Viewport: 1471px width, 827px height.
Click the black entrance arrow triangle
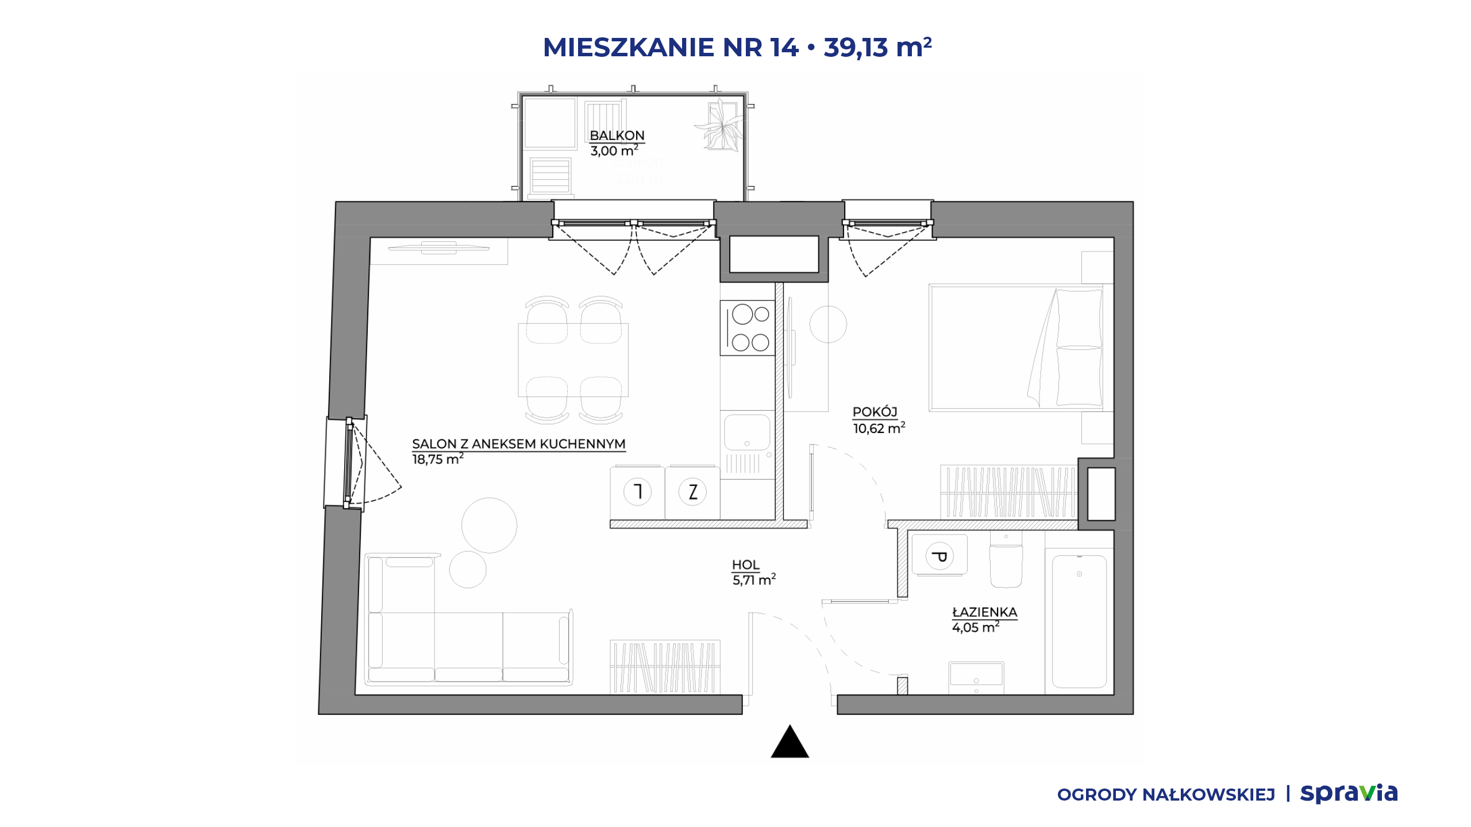(x=790, y=742)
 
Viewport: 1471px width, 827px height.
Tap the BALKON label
(x=617, y=136)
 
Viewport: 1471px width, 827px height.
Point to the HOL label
(x=746, y=565)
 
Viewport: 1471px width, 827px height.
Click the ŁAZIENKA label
(x=985, y=612)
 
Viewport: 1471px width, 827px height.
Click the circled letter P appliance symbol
(x=939, y=556)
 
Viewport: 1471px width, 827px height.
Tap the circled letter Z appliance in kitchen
(x=692, y=492)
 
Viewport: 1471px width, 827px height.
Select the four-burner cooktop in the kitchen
(x=748, y=328)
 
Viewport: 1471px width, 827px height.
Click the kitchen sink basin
(x=747, y=432)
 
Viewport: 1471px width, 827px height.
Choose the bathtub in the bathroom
(x=1080, y=621)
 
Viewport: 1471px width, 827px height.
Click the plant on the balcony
(x=719, y=126)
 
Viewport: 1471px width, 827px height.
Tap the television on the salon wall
(x=438, y=248)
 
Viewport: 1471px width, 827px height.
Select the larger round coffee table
(x=489, y=525)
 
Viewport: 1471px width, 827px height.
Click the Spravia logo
(x=1349, y=793)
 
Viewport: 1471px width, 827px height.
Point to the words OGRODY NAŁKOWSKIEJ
(x=1166, y=795)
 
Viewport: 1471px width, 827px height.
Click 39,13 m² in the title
(x=877, y=47)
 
